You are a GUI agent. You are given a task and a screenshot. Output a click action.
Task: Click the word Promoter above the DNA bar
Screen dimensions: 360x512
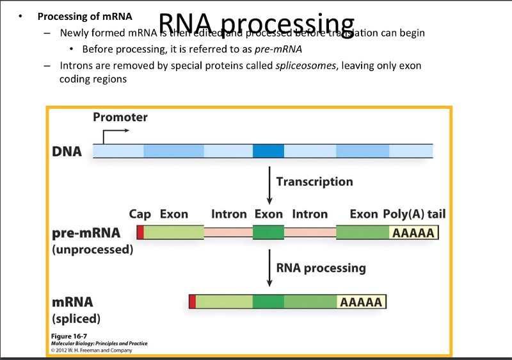click(x=120, y=117)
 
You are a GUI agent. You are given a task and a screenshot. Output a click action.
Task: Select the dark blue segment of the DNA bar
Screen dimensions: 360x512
click(x=268, y=151)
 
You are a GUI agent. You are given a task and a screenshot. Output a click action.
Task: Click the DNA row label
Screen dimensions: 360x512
click(x=67, y=152)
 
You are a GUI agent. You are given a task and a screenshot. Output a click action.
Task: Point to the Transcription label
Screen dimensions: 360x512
click(x=314, y=181)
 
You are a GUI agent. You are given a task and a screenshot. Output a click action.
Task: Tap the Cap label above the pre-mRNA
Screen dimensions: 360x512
click(x=140, y=214)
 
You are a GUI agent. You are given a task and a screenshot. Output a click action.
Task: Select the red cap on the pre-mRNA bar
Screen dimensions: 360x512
click(x=140, y=232)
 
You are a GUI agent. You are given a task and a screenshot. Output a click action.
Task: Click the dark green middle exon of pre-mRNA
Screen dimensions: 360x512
click(x=268, y=232)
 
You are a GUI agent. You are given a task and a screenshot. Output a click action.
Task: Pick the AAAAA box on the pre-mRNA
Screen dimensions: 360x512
click(x=413, y=233)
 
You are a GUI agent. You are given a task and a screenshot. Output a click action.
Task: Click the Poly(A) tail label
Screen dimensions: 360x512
click(x=414, y=214)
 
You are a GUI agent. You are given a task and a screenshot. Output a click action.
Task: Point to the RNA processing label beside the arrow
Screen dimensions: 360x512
click(x=321, y=268)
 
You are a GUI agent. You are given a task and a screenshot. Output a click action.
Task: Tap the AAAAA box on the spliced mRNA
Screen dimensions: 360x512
click(x=362, y=302)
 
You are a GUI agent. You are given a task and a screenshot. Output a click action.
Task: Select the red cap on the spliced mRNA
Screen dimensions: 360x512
click(x=192, y=302)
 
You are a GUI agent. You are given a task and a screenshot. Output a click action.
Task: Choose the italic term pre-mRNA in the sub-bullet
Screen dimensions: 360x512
click(x=278, y=49)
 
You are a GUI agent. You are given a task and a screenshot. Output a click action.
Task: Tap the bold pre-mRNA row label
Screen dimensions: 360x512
click(x=86, y=233)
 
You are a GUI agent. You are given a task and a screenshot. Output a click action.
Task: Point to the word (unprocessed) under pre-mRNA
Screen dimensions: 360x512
click(x=92, y=249)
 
